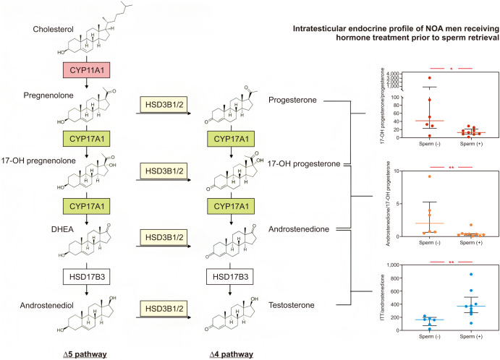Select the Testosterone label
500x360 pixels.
pos(291,306)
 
